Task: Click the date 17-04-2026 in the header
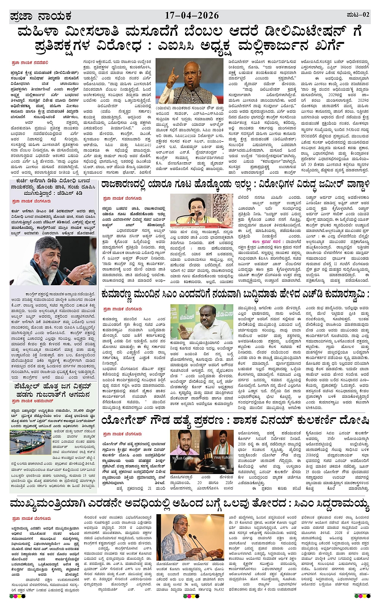coord(192,16)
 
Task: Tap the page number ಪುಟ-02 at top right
coord(357,15)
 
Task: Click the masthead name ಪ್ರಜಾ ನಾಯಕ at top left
coord(41,16)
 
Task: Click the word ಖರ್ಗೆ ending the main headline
coord(329,45)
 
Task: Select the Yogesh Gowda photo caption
coord(183,458)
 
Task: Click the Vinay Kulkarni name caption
coord(223,458)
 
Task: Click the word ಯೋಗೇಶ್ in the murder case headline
coord(121,420)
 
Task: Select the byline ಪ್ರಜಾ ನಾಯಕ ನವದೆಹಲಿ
coord(30,63)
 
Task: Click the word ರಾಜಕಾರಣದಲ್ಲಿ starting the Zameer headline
coord(129,185)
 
